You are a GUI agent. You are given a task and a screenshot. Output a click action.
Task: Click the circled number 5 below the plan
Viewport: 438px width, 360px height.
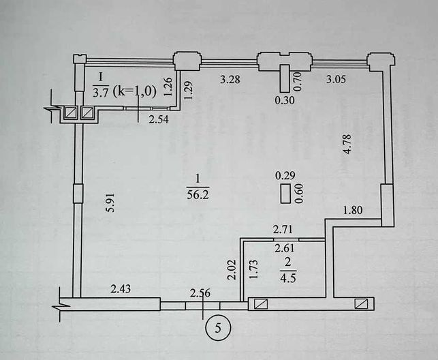click(218, 328)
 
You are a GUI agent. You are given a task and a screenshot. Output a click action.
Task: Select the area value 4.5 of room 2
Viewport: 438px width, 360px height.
click(287, 279)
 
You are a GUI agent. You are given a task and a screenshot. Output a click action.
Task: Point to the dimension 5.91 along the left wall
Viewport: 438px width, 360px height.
click(111, 202)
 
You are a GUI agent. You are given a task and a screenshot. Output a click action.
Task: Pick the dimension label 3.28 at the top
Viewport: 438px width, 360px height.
click(230, 79)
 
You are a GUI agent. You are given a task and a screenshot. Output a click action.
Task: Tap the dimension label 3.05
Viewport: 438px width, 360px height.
click(336, 79)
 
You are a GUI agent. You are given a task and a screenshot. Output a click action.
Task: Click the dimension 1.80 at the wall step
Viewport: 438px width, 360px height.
click(353, 210)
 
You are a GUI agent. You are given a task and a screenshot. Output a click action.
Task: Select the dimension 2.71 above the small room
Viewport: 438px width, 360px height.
click(283, 230)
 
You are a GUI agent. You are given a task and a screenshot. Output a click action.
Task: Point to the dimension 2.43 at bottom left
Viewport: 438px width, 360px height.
click(121, 288)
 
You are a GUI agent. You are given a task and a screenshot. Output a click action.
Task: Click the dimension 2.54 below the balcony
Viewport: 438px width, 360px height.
click(159, 119)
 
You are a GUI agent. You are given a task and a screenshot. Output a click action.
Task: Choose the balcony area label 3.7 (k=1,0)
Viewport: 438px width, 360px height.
click(124, 92)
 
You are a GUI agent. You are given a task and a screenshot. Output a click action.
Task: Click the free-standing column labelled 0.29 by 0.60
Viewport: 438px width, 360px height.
click(285, 194)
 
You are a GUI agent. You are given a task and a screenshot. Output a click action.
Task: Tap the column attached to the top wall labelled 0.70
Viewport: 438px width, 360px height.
click(285, 78)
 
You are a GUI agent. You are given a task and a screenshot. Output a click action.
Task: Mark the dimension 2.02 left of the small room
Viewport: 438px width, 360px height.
click(232, 270)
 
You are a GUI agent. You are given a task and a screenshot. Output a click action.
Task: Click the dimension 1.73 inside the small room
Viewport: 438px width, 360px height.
click(253, 270)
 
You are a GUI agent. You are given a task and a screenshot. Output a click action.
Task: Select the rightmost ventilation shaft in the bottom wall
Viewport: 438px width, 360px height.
click(361, 303)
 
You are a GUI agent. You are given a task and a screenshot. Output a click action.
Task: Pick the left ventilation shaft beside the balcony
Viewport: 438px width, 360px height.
click(69, 112)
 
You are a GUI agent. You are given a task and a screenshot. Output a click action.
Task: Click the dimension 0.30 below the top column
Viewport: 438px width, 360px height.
click(285, 100)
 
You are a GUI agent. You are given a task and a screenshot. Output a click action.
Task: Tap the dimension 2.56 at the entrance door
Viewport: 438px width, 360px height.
click(200, 293)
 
